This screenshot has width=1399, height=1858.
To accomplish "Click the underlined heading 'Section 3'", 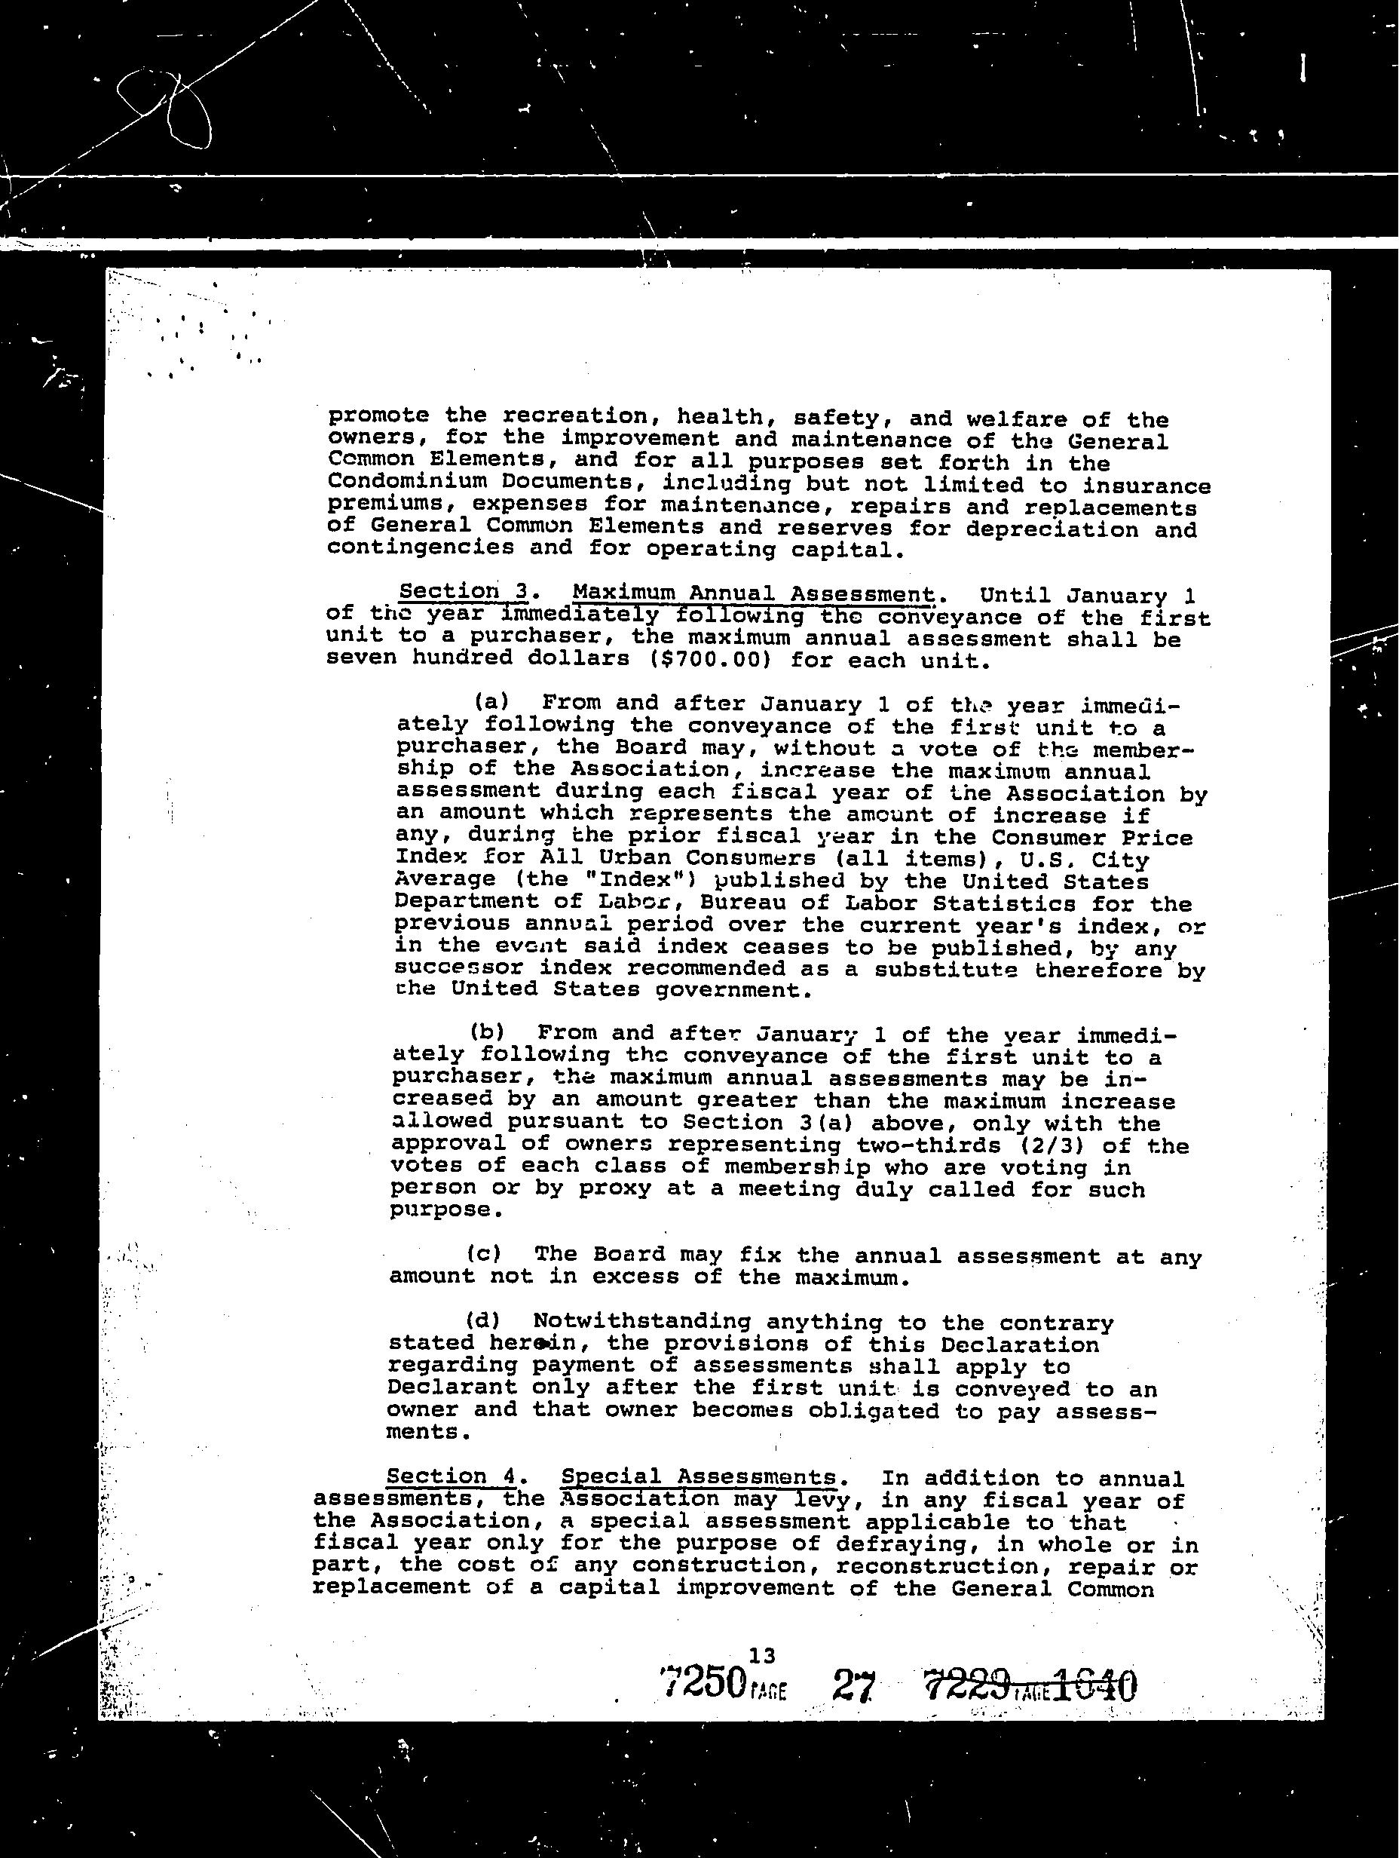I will point(464,592).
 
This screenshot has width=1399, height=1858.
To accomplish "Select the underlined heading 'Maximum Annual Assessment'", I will point(753,595).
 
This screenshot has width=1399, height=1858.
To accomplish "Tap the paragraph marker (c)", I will point(485,1253).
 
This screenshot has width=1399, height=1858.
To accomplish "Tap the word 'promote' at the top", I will point(378,415).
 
